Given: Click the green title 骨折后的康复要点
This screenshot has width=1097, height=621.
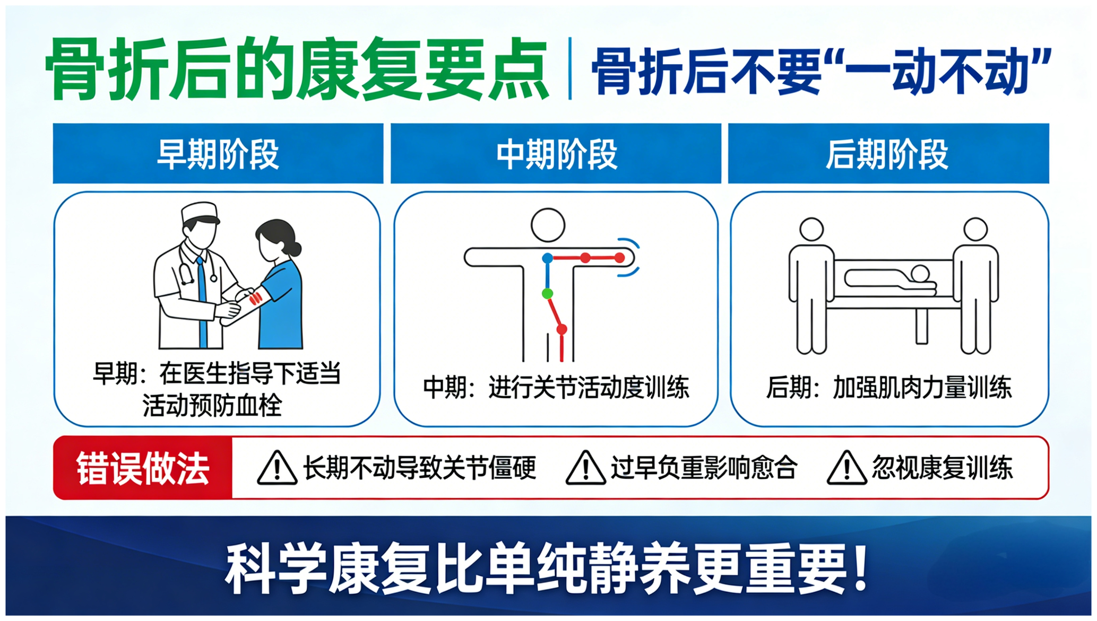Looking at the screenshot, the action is [x=297, y=69].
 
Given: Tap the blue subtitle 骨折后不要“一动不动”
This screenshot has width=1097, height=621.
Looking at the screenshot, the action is [x=821, y=71].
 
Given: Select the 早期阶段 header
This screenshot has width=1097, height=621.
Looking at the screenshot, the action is [x=218, y=154].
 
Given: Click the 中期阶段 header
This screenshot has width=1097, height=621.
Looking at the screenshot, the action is [x=556, y=154].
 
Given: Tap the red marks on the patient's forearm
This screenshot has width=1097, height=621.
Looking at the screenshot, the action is [x=256, y=296].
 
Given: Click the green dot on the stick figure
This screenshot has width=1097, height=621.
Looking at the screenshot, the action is [x=548, y=293].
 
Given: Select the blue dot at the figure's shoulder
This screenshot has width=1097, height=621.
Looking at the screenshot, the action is [x=548, y=258].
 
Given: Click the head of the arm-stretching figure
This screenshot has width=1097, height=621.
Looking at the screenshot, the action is [x=548, y=225].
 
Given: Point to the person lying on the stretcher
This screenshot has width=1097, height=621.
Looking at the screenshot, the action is [x=891, y=281].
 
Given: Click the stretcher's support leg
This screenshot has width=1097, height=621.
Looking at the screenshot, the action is [x=922, y=326].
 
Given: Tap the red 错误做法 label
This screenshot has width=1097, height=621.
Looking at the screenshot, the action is [x=143, y=468].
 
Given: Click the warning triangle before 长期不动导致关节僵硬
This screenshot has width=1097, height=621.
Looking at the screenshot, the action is [x=277, y=468].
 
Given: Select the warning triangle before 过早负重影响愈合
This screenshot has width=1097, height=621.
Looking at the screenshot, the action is [x=585, y=468].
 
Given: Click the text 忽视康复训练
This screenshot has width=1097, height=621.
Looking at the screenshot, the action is [x=943, y=468].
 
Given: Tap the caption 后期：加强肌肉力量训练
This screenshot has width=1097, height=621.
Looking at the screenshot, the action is [x=889, y=388].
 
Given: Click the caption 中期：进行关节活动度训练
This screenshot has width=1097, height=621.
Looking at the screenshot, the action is [x=556, y=388].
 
